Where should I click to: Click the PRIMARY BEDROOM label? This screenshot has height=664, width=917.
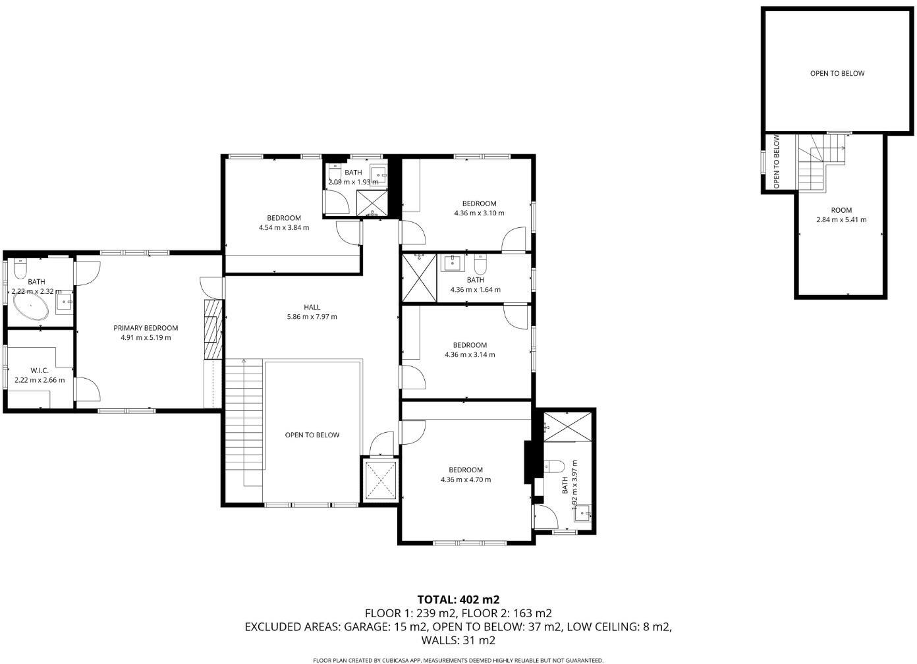(146, 328)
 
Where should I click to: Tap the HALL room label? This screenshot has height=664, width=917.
(312, 307)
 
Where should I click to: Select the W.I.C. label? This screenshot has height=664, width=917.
(40, 370)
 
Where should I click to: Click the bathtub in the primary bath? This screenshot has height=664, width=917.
(30, 308)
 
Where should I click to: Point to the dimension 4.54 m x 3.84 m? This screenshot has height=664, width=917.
(284, 228)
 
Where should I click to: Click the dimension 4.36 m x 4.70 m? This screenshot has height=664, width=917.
(466, 480)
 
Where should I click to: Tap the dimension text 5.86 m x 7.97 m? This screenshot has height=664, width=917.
(312, 317)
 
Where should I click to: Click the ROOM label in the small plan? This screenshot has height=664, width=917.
(841, 210)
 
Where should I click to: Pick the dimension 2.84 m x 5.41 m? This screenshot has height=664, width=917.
(841, 220)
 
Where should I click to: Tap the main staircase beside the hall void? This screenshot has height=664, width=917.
(244, 422)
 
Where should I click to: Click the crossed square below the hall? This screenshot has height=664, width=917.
(380, 480)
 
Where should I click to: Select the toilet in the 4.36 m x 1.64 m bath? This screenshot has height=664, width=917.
(480, 265)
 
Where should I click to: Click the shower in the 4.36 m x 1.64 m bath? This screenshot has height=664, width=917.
(419, 277)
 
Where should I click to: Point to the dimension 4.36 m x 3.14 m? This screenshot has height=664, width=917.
(470, 354)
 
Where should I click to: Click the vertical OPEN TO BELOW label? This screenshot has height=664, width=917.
(777, 162)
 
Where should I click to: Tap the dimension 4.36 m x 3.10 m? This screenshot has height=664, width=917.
(479, 213)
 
